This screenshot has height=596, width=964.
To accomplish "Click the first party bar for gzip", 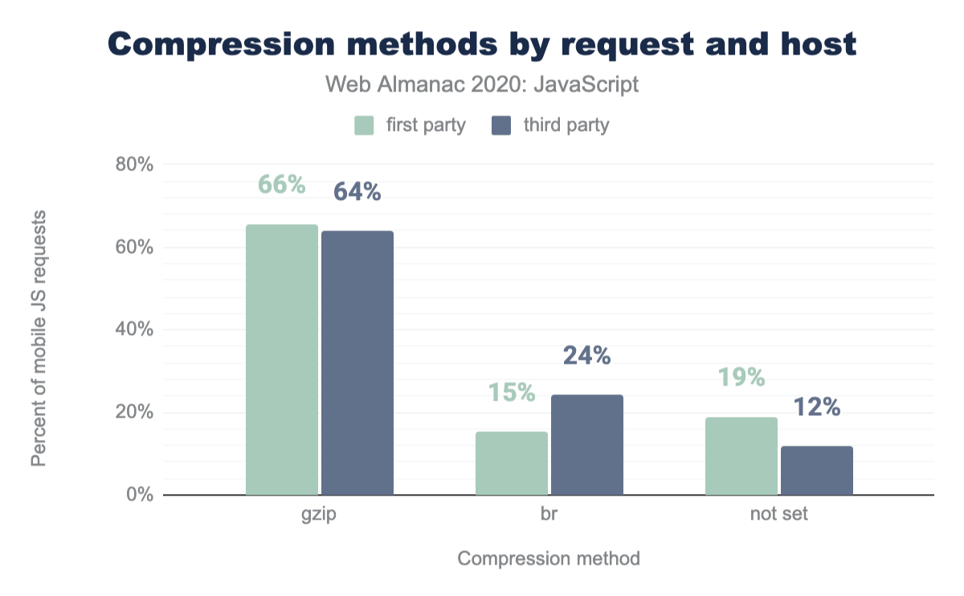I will [x=282, y=360].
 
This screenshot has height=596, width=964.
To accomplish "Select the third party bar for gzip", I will [x=357, y=363].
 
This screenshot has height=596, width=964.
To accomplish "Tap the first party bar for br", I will [x=512, y=463].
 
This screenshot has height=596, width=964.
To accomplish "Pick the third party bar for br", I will [x=587, y=445].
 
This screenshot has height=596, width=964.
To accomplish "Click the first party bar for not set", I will [x=741, y=456].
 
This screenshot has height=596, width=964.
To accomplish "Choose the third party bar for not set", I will [x=817, y=471].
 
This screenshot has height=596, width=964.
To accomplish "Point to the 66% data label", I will [x=281, y=185].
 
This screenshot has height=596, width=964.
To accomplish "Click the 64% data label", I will [x=357, y=192].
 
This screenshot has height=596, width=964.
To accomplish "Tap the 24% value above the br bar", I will [x=586, y=356].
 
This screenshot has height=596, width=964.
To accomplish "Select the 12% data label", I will [x=816, y=407].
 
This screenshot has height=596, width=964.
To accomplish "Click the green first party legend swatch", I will [x=365, y=125].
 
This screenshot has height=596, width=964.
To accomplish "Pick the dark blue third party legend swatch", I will [x=502, y=125].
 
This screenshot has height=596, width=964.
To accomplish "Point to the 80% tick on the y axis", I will [x=133, y=165].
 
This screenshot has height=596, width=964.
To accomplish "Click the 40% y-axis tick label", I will [x=133, y=330].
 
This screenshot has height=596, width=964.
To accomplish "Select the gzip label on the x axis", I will [x=319, y=515].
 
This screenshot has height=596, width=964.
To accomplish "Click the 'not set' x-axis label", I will [x=778, y=515].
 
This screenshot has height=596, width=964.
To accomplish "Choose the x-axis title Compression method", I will [x=549, y=558].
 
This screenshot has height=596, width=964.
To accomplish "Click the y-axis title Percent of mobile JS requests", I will [x=39, y=337].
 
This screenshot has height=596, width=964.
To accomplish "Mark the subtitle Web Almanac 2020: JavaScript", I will [x=482, y=84].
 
